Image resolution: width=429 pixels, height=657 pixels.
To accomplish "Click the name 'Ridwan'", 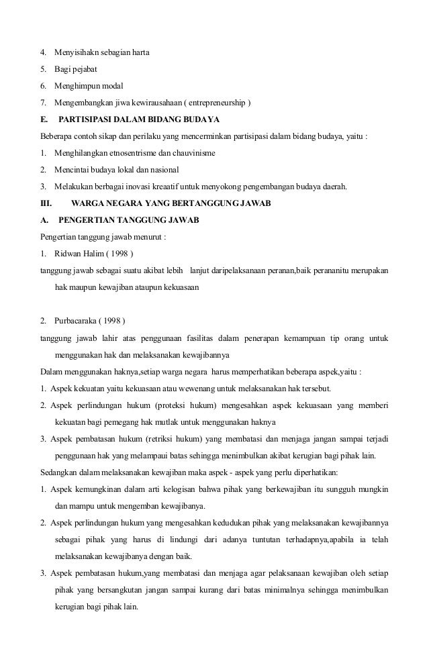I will click(68, 254).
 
